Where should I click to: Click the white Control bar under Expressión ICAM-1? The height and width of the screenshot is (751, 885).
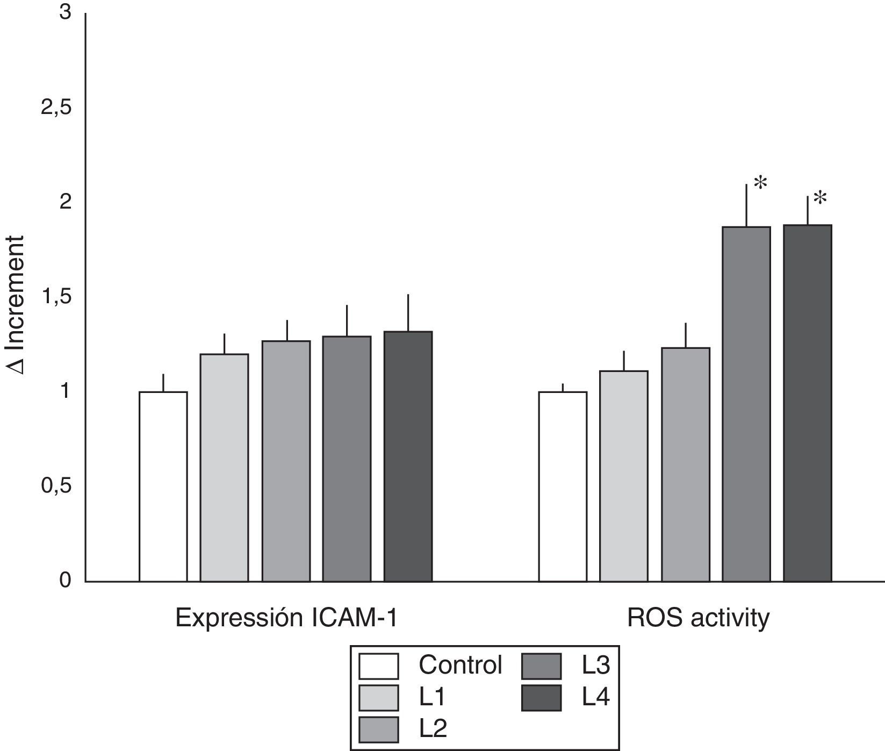click(163, 487)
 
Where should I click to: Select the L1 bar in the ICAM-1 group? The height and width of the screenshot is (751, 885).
click(224, 468)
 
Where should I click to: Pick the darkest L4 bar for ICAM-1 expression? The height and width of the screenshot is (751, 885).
click(408, 456)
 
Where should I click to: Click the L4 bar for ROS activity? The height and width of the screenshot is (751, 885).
click(807, 403)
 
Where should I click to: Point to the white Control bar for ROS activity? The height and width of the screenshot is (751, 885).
click(563, 487)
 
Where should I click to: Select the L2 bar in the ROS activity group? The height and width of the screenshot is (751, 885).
click(685, 464)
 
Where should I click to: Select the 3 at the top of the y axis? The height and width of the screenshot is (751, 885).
click(65, 13)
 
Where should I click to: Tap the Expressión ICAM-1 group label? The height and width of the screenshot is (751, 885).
click(286, 618)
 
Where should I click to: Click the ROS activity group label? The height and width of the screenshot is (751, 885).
click(698, 618)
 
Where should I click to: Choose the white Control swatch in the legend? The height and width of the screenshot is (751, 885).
click(379, 666)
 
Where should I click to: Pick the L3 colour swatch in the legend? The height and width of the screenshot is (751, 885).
click(541, 666)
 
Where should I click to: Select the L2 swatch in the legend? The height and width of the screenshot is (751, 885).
click(379, 729)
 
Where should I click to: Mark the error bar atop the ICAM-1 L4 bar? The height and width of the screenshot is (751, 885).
click(408, 313)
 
